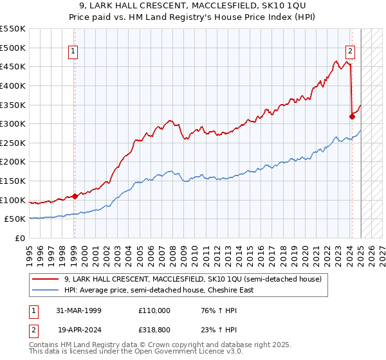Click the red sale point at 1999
[x=75, y=196]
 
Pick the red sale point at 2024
[x=352, y=116]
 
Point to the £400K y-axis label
[x=13, y=85]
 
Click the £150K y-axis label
[x=13, y=181]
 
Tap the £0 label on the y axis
[x=19, y=238]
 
